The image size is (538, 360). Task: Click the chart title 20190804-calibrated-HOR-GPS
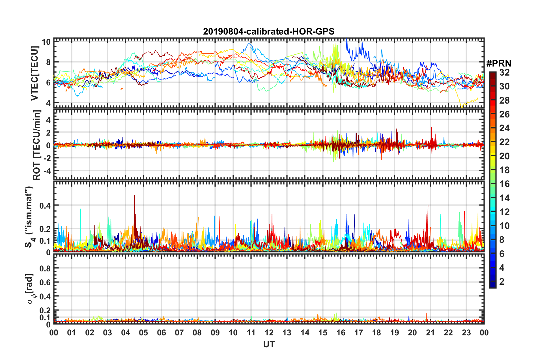[x=269, y=31]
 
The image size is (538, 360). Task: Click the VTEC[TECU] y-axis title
[x=35, y=73]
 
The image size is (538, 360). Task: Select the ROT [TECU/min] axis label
[x=37, y=145]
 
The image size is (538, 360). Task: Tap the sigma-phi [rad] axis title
[x=30, y=289]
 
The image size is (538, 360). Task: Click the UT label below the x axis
[x=269, y=344]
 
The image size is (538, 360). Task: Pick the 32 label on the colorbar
[x=504, y=72]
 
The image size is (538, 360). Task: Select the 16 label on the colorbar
[x=504, y=184]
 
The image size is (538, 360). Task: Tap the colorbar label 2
[x=502, y=282]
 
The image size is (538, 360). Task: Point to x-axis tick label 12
[x=269, y=333]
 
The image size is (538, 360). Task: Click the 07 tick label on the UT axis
[x=179, y=333]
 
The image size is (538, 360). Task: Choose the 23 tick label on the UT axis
[x=466, y=333]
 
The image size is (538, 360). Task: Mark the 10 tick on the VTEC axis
[x=46, y=42]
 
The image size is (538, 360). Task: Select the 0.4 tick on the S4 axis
[x=45, y=205]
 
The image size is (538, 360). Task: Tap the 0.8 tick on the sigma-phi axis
[x=45, y=268]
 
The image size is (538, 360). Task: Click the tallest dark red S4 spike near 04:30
[x=134, y=195]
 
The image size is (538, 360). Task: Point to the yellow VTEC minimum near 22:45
[x=462, y=108]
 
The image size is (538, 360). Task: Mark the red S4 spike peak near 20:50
[x=428, y=205]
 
